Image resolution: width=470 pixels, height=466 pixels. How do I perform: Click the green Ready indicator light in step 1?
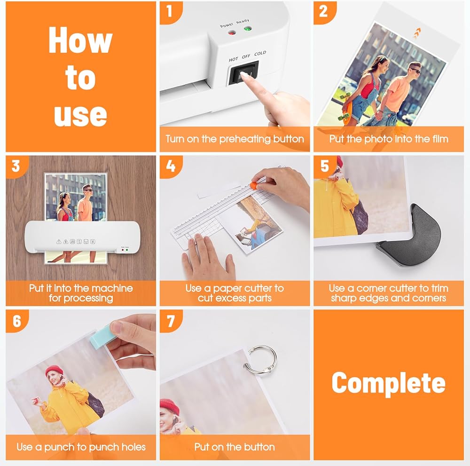pyautogui.click(x=247, y=29)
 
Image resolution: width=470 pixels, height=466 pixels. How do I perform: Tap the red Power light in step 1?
pyautogui.click(x=231, y=32)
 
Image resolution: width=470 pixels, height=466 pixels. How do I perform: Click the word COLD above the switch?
pyautogui.click(x=260, y=54)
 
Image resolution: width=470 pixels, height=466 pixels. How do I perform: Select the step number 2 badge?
pyautogui.click(x=323, y=11)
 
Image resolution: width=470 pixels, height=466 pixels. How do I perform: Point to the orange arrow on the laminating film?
pyautogui.click(x=417, y=33)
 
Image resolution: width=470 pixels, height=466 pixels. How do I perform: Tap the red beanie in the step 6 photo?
pyautogui.click(x=54, y=371)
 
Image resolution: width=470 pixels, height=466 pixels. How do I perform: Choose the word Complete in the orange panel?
pyautogui.click(x=389, y=384)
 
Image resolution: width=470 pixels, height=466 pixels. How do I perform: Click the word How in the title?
pyautogui.click(x=80, y=40)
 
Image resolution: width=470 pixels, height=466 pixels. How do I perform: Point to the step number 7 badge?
pyautogui.click(x=170, y=321)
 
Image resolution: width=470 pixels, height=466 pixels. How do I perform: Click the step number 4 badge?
pyautogui.click(x=170, y=166)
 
